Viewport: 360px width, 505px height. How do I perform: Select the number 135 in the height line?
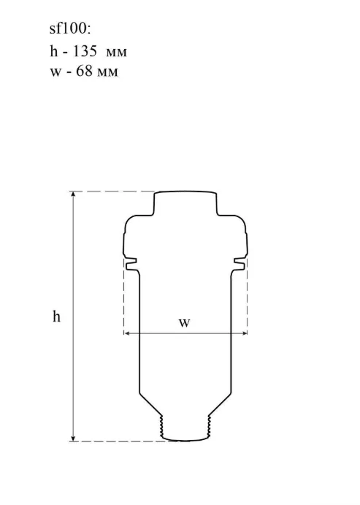[x=85, y=51]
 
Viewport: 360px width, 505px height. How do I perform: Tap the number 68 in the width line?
[x=84, y=71]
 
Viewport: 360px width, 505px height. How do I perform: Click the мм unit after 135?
[x=116, y=53]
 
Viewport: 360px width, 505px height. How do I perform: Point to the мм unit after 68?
[x=107, y=73]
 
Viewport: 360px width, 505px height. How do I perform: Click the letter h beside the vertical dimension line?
[x=56, y=316]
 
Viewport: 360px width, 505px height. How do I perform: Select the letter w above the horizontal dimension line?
[x=184, y=322]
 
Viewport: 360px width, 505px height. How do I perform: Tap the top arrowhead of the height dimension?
[x=73, y=194]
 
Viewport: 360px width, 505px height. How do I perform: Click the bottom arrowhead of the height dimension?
[x=73, y=438]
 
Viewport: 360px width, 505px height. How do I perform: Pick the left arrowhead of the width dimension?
[x=126, y=333]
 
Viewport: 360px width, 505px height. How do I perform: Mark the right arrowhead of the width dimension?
[x=245, y=333]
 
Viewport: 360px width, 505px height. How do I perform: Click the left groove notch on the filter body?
[x=131, y=263]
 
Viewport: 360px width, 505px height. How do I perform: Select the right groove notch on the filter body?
[x=240, y=263]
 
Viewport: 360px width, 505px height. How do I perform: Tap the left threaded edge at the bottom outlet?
[x=162, y=426]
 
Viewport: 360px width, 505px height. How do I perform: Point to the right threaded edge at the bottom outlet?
[x=209, y=426]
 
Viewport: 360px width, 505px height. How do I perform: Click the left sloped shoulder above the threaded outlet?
[x=150, y=404]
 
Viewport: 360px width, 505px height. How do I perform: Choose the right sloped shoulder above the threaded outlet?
[x=220, y=404]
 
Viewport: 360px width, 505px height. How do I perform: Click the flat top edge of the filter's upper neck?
[x=185, y=191]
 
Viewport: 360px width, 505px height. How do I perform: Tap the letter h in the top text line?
[x=54, y=51]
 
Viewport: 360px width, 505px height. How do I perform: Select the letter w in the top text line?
[x=55, y=73]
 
